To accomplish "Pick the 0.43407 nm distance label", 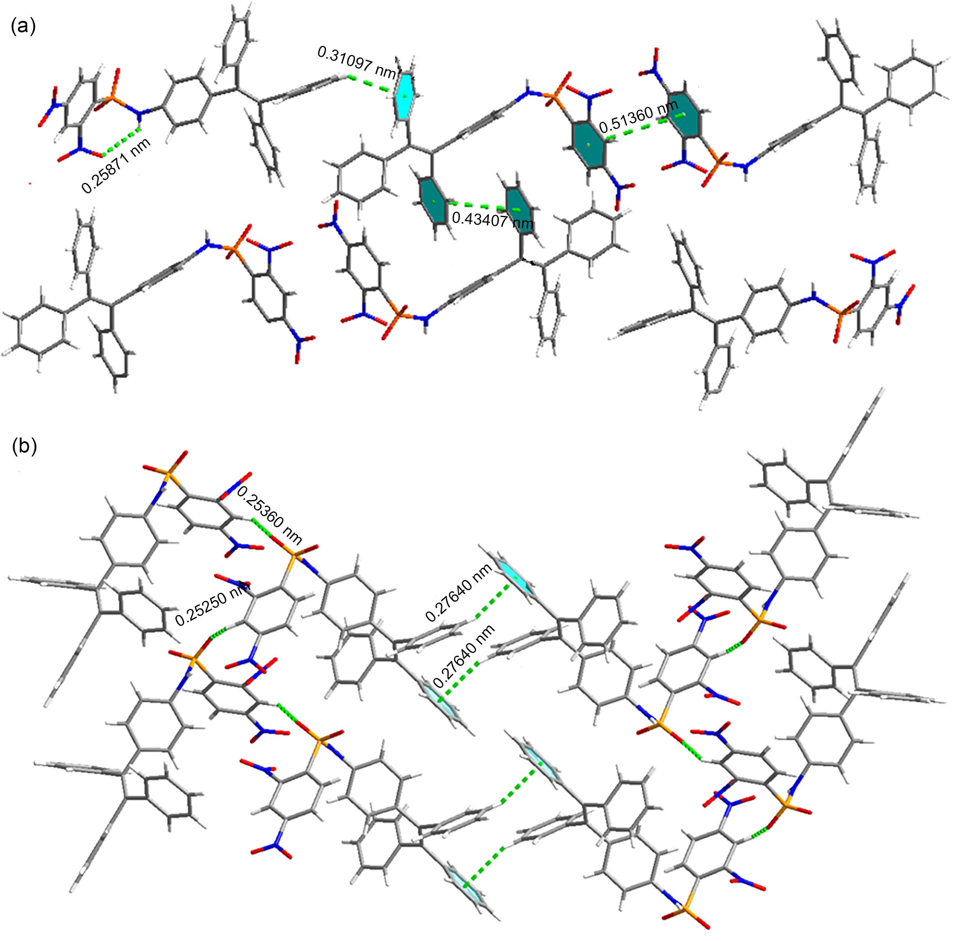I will pyautogui.click(x=493, y=220).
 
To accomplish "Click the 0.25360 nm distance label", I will pyautogui.click(x=270, y=514).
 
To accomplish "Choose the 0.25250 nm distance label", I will pyautogui.click(x=213, y=604).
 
